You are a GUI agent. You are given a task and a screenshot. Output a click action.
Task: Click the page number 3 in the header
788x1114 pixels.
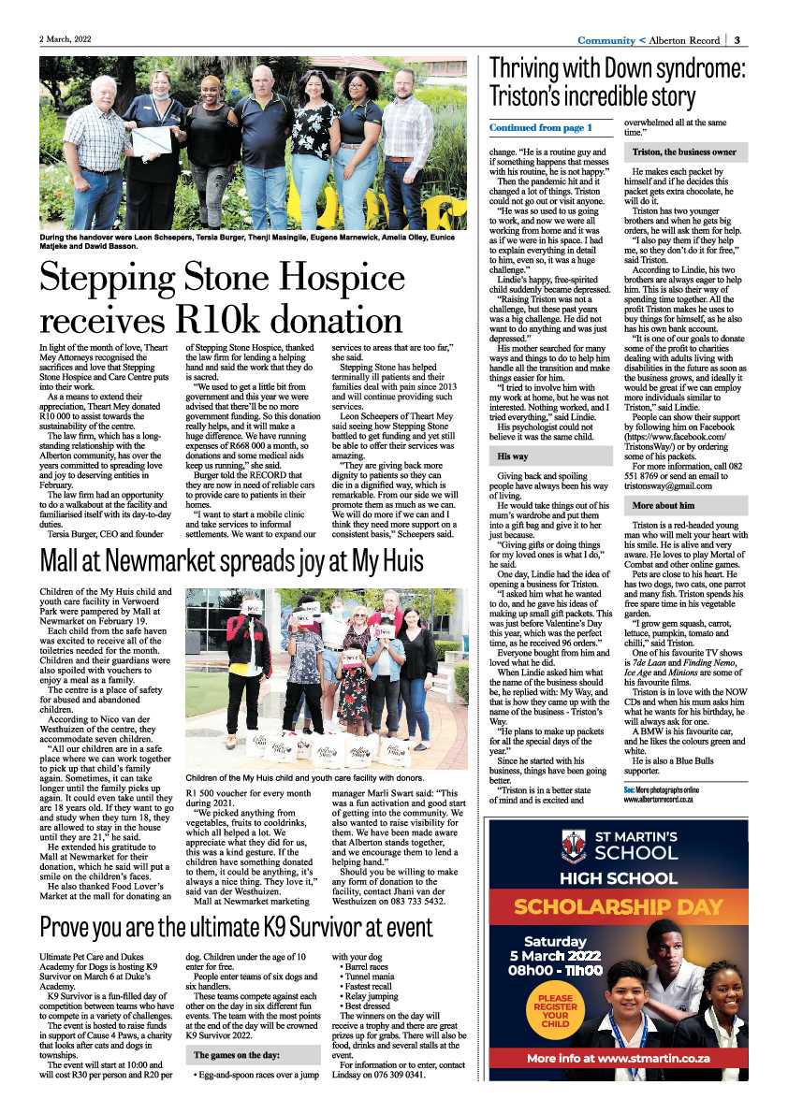click(737, 40)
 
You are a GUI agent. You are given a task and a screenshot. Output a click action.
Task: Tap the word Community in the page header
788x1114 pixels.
click(606, 40)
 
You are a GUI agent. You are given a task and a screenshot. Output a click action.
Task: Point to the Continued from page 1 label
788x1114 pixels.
click(540, 126)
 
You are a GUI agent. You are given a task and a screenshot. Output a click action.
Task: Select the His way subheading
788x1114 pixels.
click(514, 456)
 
